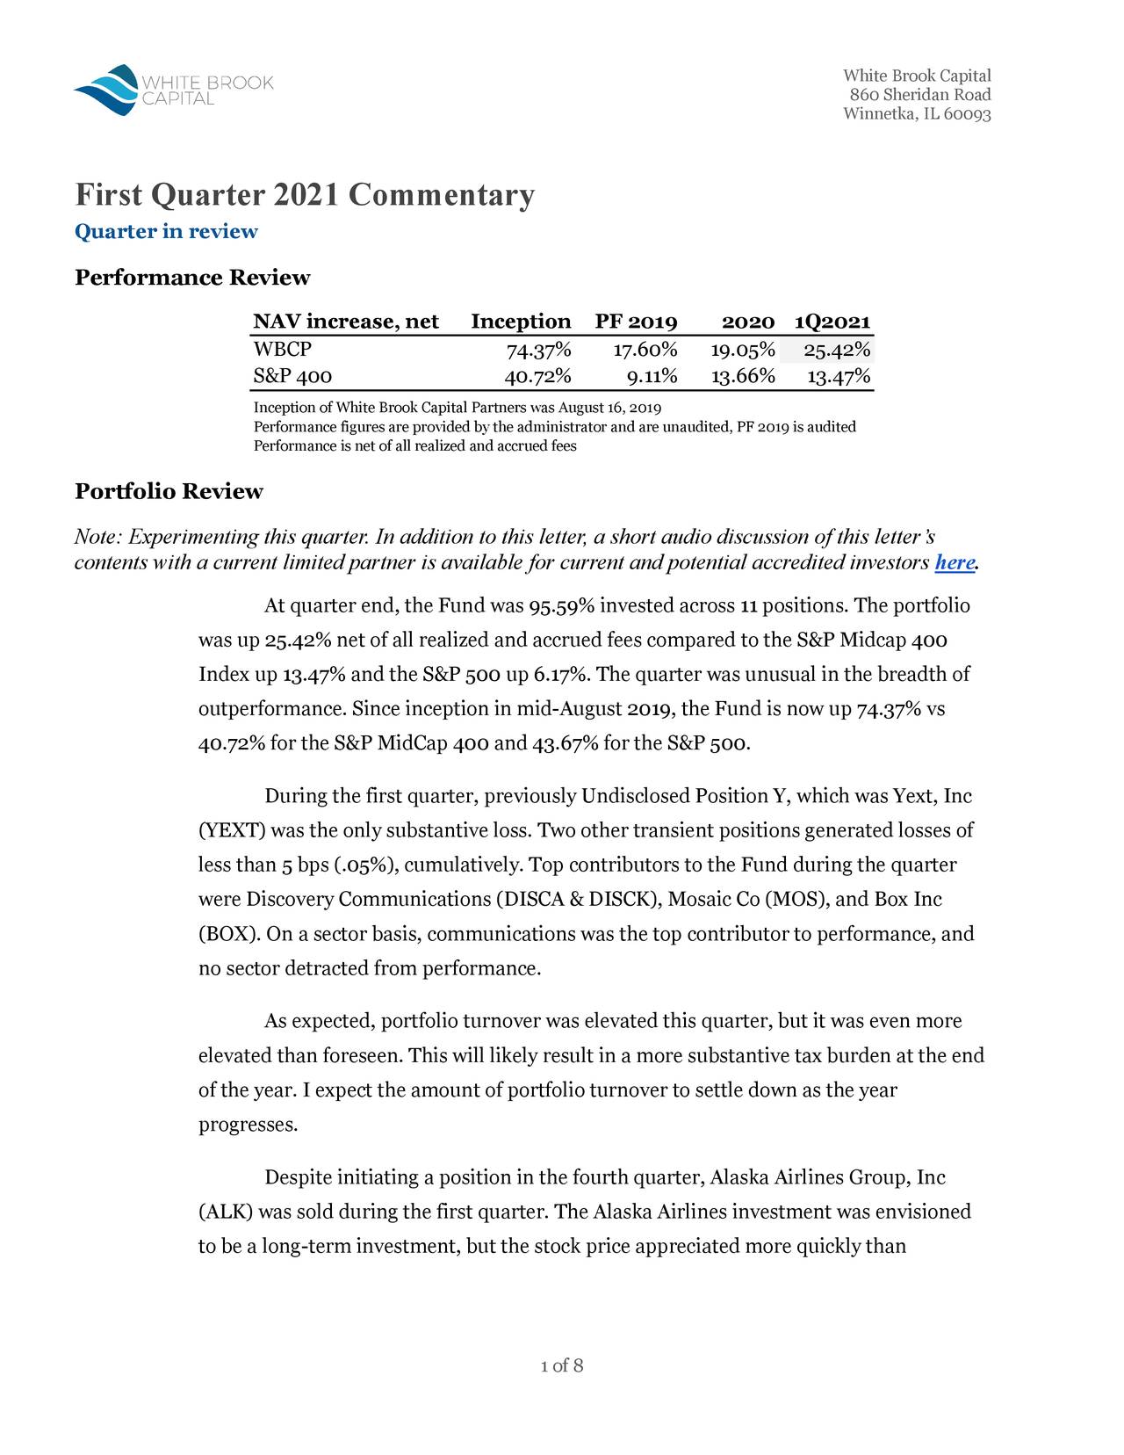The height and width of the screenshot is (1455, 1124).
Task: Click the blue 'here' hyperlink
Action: pyautogui.click(x=955, y=562)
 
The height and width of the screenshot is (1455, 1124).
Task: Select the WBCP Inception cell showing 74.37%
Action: pyautogui.click(x=538, y=351)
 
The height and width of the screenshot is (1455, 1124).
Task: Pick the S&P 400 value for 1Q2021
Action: pyautogui.click(x=839, y=378)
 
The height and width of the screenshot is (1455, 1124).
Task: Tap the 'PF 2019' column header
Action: pyautogui.click(x=636, y=322)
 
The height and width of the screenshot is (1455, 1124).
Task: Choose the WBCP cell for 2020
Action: pyautogui.click(x=743, y=351)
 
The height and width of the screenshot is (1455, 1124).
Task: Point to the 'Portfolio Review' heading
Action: pyautogui.click(x=169, y=491)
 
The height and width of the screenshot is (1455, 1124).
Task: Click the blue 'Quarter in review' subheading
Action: pyautogui.click(x=166, y=232)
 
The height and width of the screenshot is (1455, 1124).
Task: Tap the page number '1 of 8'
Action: pyautogui.click(x=562, y=1365)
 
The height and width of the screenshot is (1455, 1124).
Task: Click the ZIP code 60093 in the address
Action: pyautogui.click(x=968, y=114)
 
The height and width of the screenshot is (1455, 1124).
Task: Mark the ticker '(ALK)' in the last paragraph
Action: pyautogui.click(x=226, y=1212)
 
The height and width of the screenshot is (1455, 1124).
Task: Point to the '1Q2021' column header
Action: pyautogui.click(x=832, y=322)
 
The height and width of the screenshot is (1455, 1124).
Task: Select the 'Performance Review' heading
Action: pyautogui.click(x=192, y=278)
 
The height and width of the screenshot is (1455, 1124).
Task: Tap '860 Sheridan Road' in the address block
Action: pyautogui.click(x=919, y=95)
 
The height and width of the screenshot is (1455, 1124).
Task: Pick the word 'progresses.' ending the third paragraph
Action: pyautogui.click(x=249, y=1126)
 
